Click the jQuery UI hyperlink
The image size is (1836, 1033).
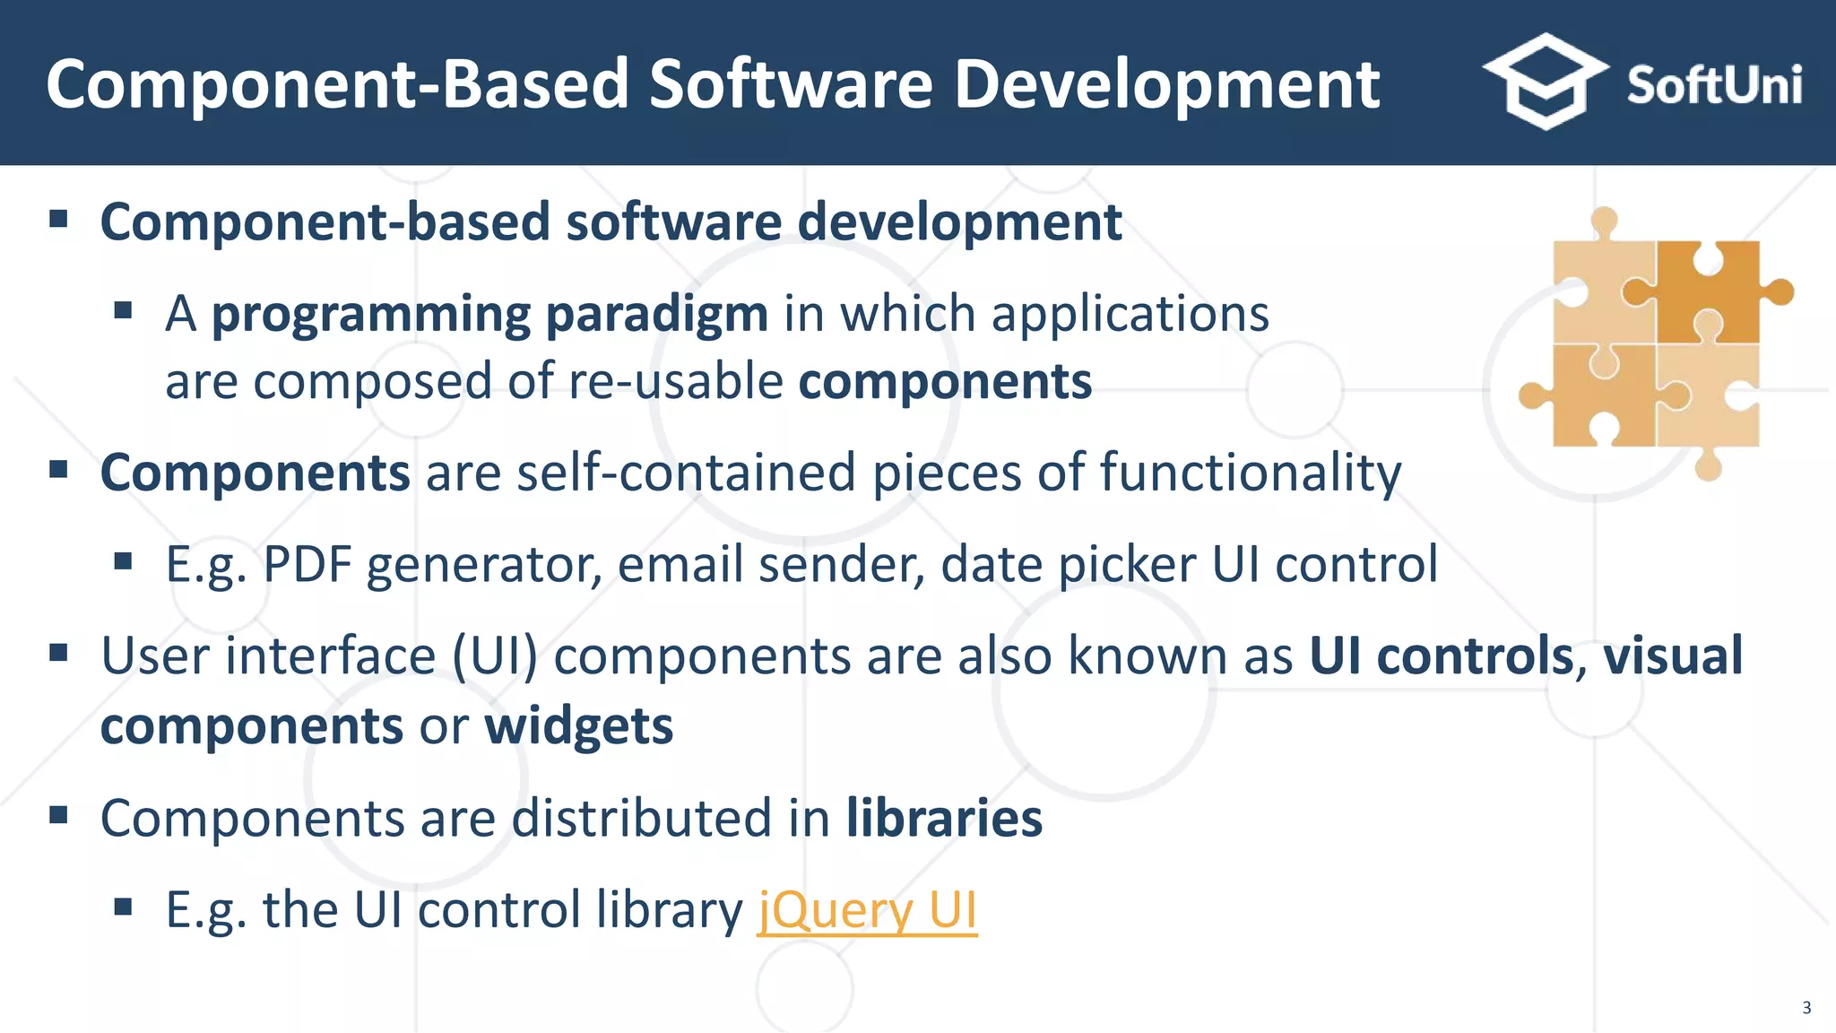(867, 910)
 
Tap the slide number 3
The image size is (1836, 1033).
(1806, 1008)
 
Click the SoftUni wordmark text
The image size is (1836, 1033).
(1713, 85)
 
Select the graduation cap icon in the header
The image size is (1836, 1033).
(1545, 81)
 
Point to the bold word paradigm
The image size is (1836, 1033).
(656, 314)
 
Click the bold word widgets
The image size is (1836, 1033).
(579, 725)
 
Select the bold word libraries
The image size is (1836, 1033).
(944, 818)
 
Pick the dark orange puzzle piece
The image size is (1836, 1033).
(1708, 291)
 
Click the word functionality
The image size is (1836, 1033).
(1250, 473)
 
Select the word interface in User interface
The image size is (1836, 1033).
(330, 655)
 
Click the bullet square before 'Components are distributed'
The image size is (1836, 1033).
(59, 815)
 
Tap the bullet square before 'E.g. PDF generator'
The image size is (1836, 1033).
(124, 562)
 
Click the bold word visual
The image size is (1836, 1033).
(1673, 655)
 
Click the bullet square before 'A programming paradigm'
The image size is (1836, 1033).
(124, 311)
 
